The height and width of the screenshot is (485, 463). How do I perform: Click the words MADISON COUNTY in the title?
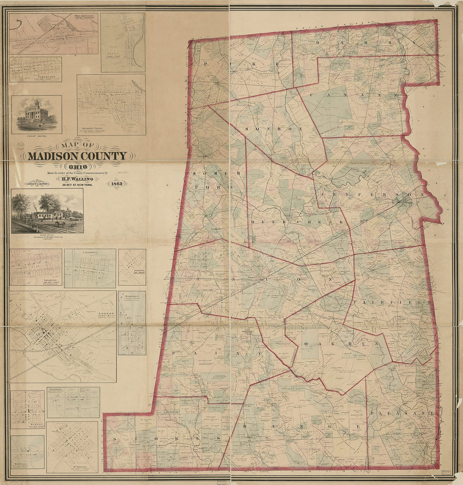77,156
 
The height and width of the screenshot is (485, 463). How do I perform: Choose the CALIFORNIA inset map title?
90,252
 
